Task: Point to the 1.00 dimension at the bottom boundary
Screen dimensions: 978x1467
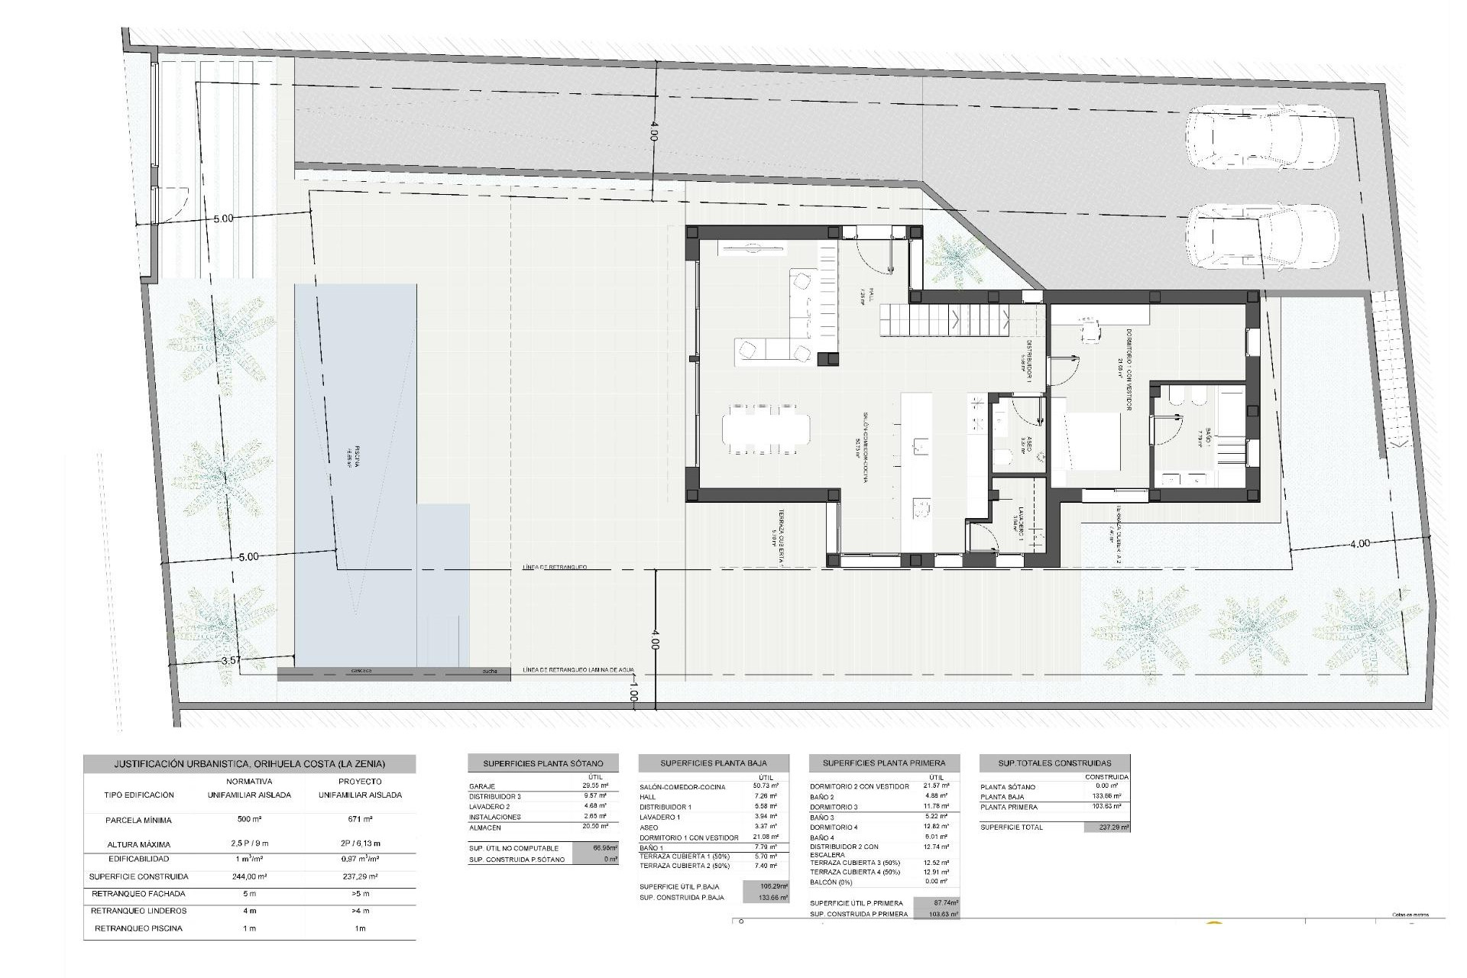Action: point(633,696)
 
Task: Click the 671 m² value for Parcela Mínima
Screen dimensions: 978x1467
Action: point(360,820)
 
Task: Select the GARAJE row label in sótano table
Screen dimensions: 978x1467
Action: point(482,786)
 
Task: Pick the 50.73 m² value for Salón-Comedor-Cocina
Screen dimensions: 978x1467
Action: point(765,786)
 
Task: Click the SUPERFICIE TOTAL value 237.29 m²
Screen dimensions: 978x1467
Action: point(1106,827)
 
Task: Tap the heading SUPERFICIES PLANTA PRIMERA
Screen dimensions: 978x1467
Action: point(883,763)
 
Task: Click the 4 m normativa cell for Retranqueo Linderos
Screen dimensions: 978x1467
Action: point(249,911)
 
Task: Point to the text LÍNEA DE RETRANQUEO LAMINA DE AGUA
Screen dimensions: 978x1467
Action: point(578,671)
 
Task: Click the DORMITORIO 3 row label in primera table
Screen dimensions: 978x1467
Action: point(834,807)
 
